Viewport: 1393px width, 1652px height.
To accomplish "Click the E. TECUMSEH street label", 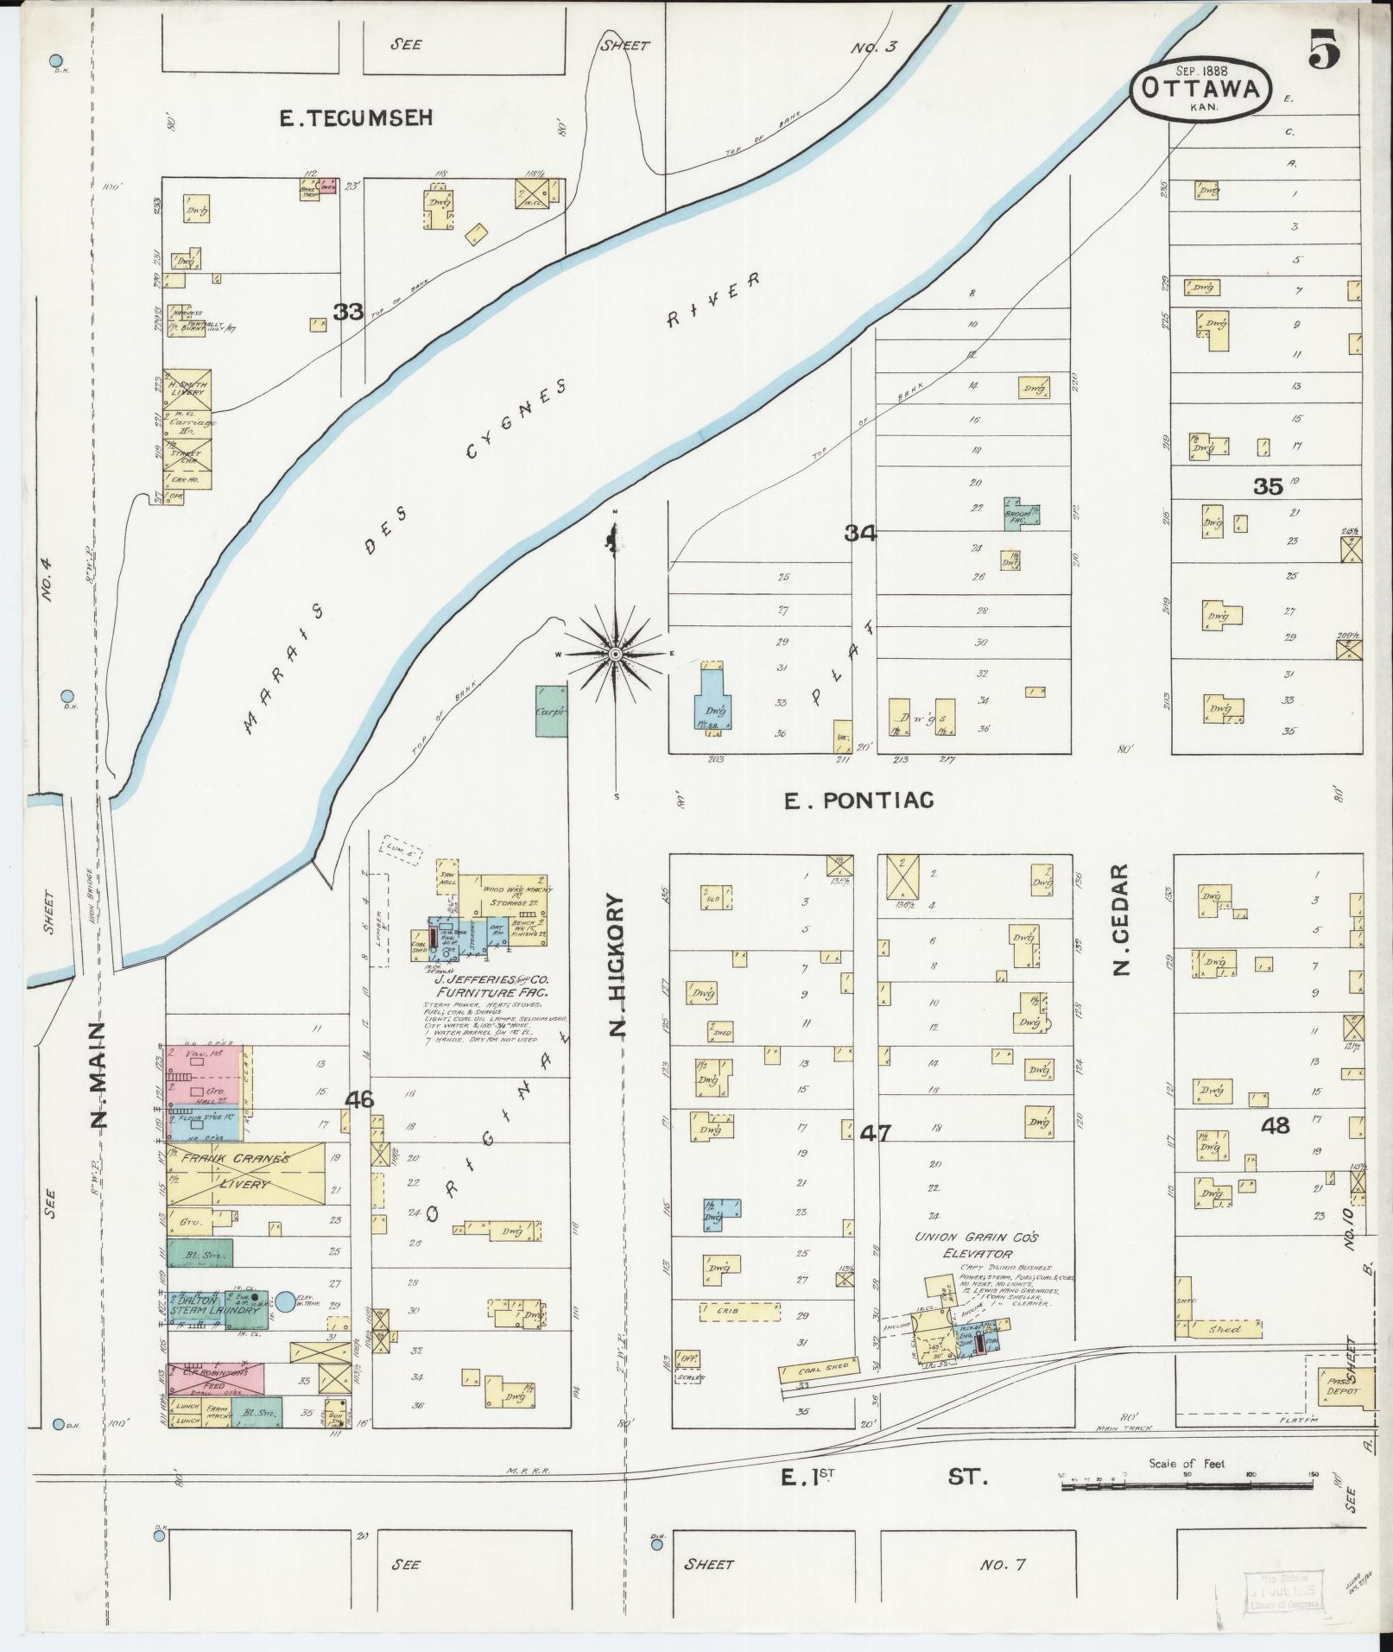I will [x=355, y=118].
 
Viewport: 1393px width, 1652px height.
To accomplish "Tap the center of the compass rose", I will [x=615, y=655].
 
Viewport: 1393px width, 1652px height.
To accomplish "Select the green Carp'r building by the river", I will [x=551, y=711].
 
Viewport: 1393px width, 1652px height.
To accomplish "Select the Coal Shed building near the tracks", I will [x=819, y=1367].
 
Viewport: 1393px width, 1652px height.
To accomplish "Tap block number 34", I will [x=860, y=534].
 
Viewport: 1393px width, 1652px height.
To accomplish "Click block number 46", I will [x=358, y=1099].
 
